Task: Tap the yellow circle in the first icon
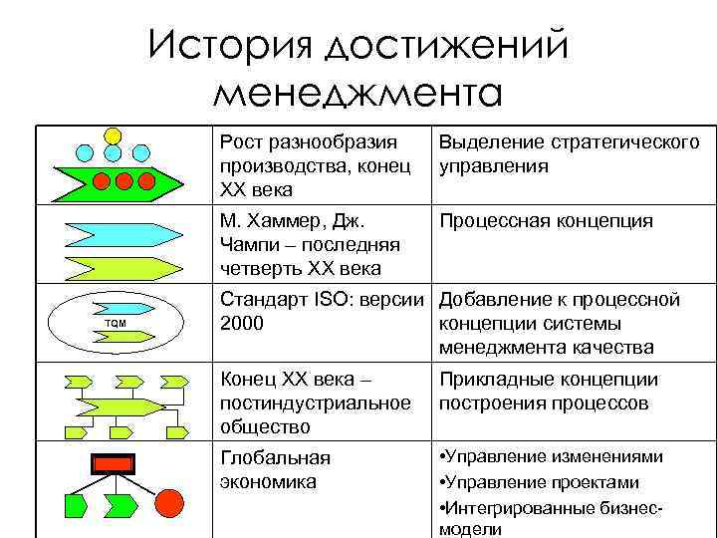pos(114,134)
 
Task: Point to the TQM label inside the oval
pos(116,324)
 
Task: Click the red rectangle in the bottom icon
pos(114,463)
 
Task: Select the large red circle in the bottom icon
pos(170,501)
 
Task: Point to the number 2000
pos(242,324)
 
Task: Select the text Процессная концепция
pos(546,221)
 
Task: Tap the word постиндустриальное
pos(315,403)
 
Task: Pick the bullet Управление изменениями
pos(555,458)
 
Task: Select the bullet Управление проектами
pos(543,482)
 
